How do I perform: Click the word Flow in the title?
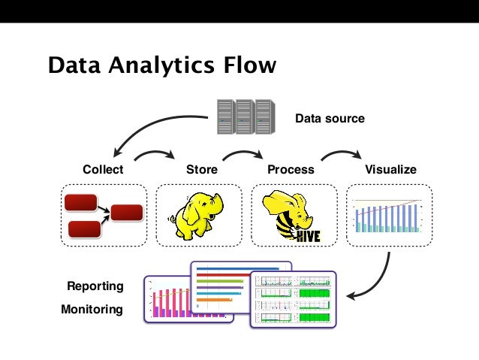pyautogui.click(x=250, y=65)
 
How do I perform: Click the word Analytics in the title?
pyautogui.click(x=161, y=65)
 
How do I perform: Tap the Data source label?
pyautogui.click(x=330, y=118)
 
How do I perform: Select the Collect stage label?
pyautogui.click(x=103, y=169)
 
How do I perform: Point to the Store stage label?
pyautogui.click(x=202, y=169)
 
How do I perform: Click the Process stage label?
pyautogui.click(x=291, y=169)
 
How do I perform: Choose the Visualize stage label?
pyautogui.click(x=390, y=169)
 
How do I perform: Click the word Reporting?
pyautogui.click(x=95, y=286)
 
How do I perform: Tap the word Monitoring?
pyautogui.click(x=92, y=309)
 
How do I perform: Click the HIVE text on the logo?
pyautogui.click(x=309, y=236)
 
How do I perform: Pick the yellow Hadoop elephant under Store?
pyautogui.click(x=197, y=216)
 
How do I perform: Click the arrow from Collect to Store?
pyautogui.click(x=155, y=153)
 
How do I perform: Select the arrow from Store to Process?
pyautogui.click(x=243, y=153)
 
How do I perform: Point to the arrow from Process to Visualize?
pyautogui.click(x=342, y=153)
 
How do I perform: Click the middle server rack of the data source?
pyautogui.click(x=246, y=116)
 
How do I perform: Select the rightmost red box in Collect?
pyautogui.click(x=127, y=213)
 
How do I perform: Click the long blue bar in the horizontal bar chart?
pyautogui.click(x=238, y=269)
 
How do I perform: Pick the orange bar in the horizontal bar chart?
pyautogui.click(x=215, y=300)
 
